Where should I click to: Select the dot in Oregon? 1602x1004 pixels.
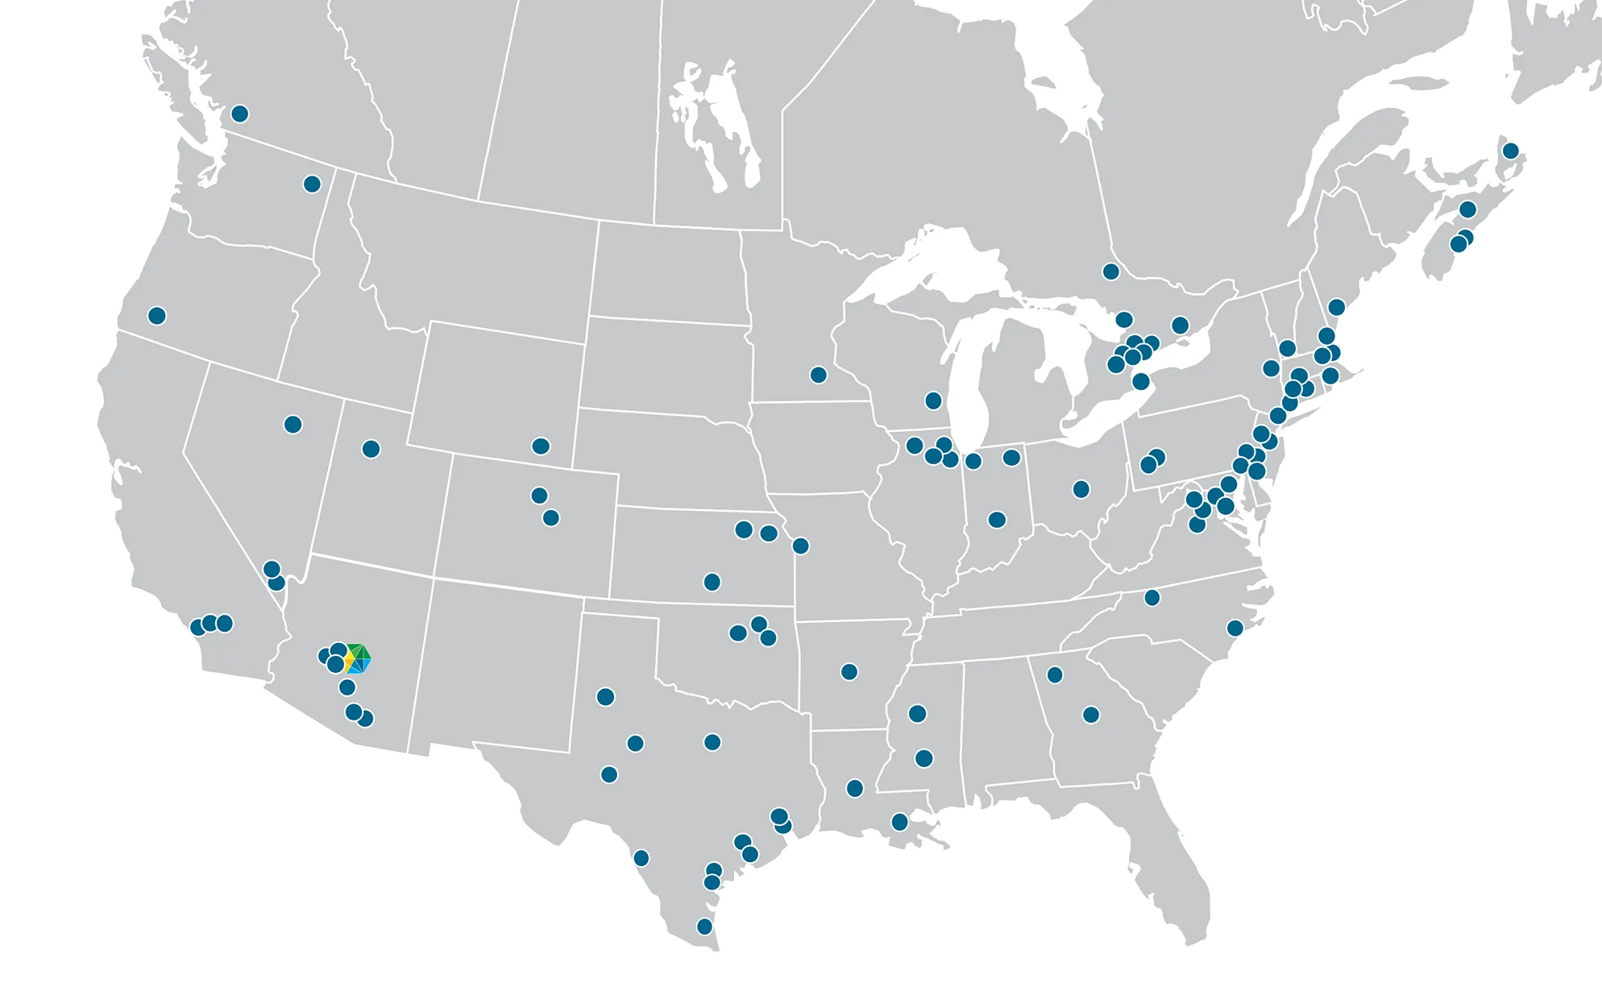click(x=157, y=316)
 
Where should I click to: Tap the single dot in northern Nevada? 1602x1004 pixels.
click(x=293, y=425)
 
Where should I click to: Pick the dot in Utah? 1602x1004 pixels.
click(x=371, y=449)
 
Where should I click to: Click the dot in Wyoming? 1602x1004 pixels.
click(x=541, y=446)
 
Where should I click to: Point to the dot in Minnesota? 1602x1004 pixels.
click(x=819, y=375)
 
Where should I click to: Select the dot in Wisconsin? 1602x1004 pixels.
click(x=933, y=400)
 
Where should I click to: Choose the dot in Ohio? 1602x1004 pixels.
click(x=1081, y=489)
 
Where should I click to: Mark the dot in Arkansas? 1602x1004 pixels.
click(x=849, y=672)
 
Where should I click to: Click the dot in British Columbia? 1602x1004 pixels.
click(x=239, y=114)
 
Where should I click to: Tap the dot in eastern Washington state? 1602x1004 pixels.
click(x=312, y=185)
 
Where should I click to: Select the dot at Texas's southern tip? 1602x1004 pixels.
click(x=704, y=927)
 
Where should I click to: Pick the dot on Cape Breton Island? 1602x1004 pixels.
click(x=1511, y=151)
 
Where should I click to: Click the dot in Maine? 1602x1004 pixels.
click(x=1337, y=307)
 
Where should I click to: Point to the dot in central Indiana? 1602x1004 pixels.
click(x=997, y=520)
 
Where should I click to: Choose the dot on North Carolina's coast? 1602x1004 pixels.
click(x=1235, y=628)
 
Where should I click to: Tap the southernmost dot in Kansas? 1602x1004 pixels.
click(x=712, y=582)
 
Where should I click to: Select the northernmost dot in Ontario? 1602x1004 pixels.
click(x=1111, y=272)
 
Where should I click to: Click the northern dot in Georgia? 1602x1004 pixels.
click(x=1055, y=674)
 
